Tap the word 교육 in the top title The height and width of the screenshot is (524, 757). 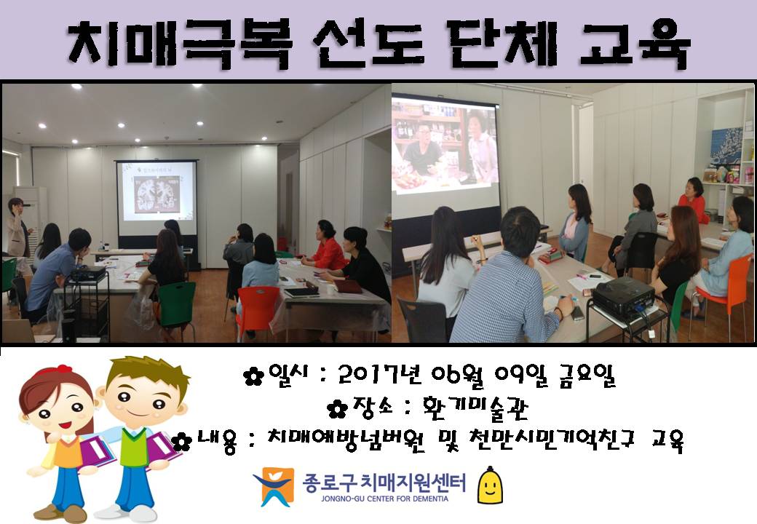635,44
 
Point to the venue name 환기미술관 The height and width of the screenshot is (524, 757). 475,408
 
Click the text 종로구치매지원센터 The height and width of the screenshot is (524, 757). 384,483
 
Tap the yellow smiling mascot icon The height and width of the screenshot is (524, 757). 490,485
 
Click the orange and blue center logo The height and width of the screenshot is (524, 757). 274,486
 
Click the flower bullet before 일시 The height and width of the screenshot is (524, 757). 253,376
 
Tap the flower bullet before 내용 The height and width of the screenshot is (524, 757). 181,441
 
